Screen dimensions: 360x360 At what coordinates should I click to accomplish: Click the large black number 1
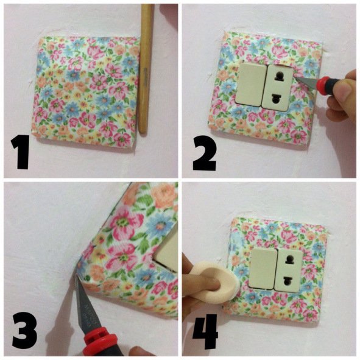[21, 152]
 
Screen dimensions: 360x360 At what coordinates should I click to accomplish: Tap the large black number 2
[204, 153]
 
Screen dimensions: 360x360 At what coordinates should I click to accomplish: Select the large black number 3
[24, 330]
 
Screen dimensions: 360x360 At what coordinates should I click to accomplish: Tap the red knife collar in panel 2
[320, 83]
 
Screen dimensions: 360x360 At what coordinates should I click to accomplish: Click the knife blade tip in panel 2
[294, 77]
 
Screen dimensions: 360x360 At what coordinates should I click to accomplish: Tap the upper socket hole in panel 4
[289, 259]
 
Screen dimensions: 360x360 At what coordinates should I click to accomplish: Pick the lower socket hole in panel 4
[287, 280]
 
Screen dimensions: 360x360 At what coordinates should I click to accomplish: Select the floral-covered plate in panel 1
[86, 88]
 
